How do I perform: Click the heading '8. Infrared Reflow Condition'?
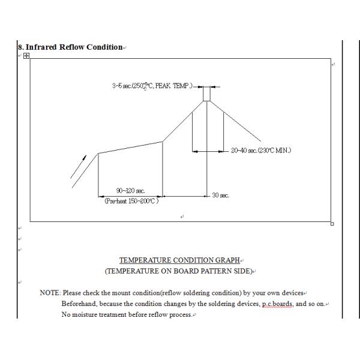(71, 47)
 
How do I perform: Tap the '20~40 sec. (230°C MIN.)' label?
(261, 151)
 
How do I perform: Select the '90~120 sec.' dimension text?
(130, 191)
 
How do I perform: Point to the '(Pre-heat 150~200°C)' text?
(131, 201)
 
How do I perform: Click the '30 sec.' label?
(221, 196)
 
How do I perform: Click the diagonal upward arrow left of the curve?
(79, 167)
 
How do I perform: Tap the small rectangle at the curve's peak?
(206, 94)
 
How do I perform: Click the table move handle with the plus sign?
(26, 56)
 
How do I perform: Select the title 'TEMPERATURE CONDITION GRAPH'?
(179, 260)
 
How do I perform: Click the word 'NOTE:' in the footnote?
(50, 293)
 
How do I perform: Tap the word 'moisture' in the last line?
(88, 314)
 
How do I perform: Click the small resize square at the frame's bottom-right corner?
(332, 224)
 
